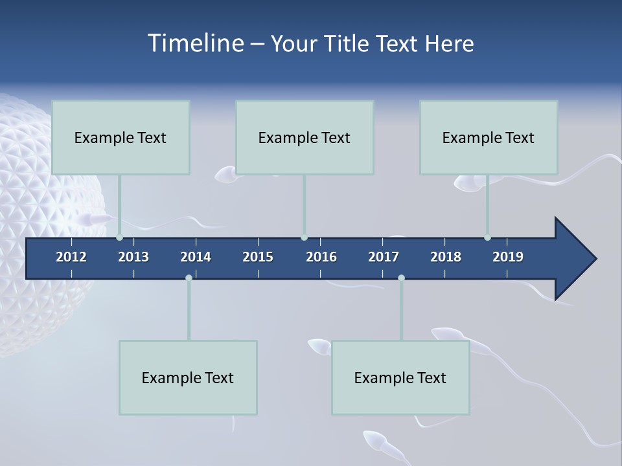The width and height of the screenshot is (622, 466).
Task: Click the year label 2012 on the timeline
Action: point(71,257)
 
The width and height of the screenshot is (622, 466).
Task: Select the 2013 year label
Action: point(133,257)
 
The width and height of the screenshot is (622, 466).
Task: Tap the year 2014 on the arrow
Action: point(196,257)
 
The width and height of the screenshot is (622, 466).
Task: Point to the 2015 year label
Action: point(258,257)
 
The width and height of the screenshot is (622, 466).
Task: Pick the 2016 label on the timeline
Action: point(321,257)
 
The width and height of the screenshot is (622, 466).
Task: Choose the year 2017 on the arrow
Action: point(384,257)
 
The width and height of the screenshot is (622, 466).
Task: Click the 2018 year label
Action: point(446,257)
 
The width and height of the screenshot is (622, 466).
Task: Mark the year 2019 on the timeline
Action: point(508,257)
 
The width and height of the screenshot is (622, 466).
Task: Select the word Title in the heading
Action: point(351,43)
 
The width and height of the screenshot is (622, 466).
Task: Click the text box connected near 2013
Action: point(121,137)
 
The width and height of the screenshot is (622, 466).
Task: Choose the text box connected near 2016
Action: point(305,137)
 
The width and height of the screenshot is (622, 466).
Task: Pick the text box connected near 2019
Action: point(489,137)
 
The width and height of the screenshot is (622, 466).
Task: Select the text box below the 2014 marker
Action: point(188,377)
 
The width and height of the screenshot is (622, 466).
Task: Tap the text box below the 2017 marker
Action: point(400,377)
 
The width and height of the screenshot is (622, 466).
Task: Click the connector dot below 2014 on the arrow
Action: point(189,278)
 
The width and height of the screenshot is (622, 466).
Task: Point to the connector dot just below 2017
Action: point(401,278)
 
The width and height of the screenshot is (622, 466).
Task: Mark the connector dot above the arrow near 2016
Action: point(304,237)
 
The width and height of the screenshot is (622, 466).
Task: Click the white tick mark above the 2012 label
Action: point(71,242)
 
